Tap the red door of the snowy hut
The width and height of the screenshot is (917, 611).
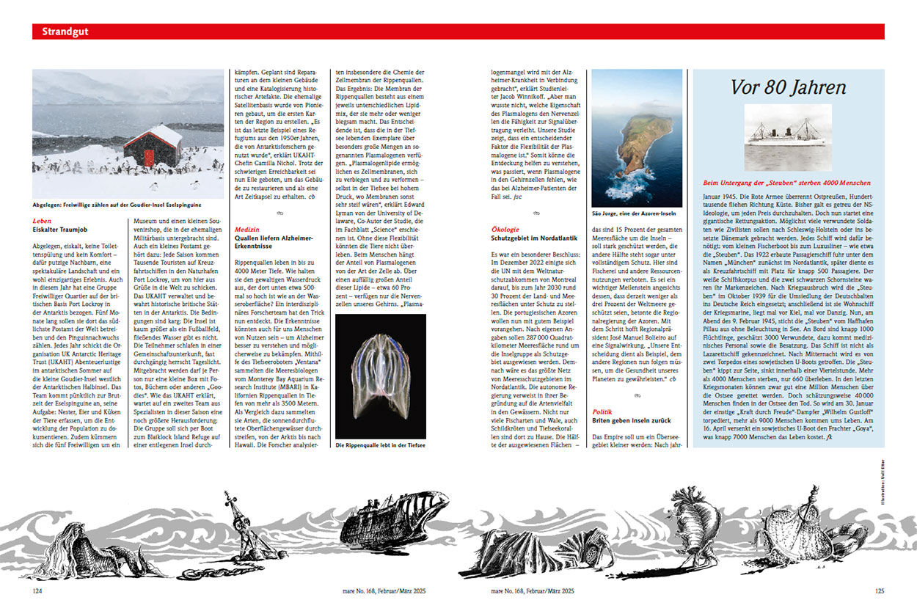pyautogui.click(x=149, y=158)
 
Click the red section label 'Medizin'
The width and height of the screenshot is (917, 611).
pyautogui.click(x=246, y=229)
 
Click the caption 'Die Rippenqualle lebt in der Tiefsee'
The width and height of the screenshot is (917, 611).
pyautogui.click(x=380, y=445)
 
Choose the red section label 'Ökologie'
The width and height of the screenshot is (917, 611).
pyautogui.click(x=505, y=229)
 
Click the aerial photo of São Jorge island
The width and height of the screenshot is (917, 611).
pyautogui.click(x=636, y=138)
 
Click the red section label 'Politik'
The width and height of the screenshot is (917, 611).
pyautogui.click(x=602, y=412)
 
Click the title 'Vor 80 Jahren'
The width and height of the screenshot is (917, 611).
pyautogui.click(x=788, y=87)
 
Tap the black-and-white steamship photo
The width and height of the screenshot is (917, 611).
pyautogui.click(x=788, y=137)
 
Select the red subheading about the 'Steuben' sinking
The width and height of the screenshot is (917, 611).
pyautogui.click(x=787, y=182)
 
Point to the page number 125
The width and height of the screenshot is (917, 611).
pyautogui.click(x=879, y=590)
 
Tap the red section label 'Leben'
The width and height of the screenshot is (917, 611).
pyautogui.click(x=42, y=220)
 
